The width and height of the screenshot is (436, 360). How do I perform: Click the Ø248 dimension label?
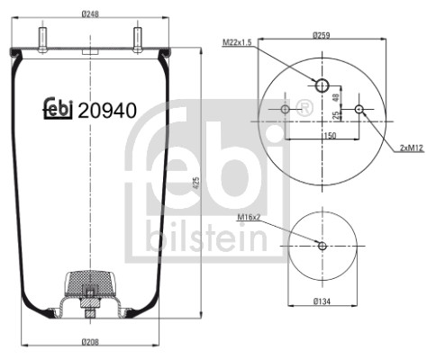pos(90,13)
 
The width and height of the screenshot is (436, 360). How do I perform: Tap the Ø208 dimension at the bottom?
pos(90,342)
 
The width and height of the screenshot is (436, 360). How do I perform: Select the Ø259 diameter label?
pos(322,35)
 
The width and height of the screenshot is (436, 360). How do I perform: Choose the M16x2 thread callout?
pos(250,218)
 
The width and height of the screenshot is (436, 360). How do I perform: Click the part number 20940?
pos(107,112)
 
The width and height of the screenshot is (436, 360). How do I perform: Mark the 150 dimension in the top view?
pos(330,136)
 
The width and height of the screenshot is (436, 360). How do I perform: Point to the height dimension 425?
pos(197,184)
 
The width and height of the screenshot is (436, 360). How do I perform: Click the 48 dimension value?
pos(335,96)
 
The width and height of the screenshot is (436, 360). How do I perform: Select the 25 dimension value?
pos(335,114)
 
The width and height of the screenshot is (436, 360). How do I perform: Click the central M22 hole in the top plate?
pos(322,85)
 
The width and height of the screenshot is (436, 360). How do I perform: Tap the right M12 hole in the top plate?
pos(359,110)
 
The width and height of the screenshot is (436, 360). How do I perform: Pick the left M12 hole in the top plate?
pos(286,110)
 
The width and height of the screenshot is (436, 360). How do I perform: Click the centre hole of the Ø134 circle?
pos(322,245)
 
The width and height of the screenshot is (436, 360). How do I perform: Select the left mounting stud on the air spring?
pos(43,39)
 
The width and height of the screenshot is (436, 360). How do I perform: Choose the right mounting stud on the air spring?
pos(139,39)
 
